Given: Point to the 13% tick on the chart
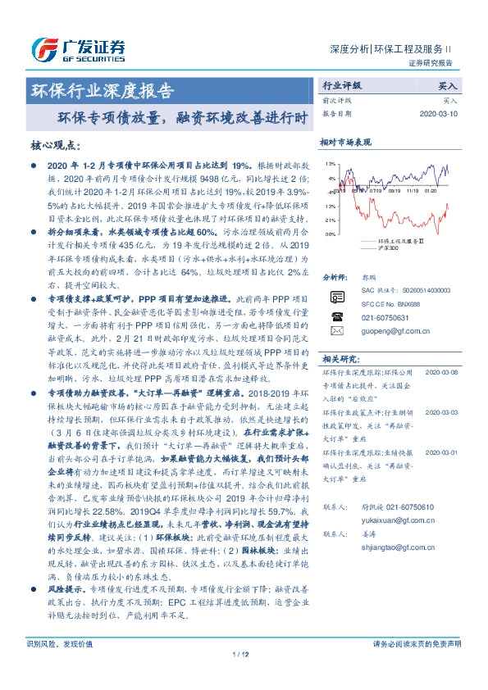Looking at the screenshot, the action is [x=330, y=164].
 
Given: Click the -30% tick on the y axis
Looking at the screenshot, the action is [x=329, y=234].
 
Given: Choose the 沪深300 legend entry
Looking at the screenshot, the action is [x=387, y=247].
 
